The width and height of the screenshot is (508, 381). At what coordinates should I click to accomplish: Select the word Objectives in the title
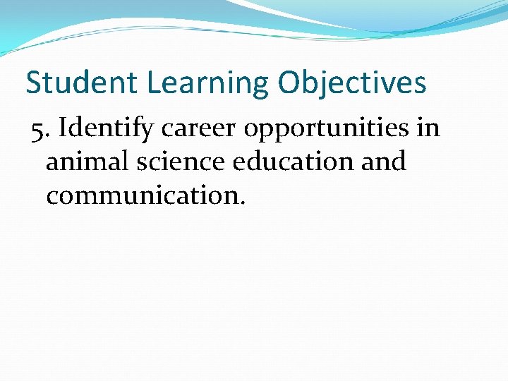(352, 83)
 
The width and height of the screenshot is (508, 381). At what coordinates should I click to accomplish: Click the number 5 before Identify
(37, 129)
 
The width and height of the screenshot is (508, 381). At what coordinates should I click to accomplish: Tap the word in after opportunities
(429, 128)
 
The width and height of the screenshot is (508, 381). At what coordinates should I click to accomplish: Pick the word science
(179, 162)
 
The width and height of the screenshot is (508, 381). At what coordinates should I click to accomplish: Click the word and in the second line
(384, 162)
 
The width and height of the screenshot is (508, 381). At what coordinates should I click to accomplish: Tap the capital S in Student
(33, 83)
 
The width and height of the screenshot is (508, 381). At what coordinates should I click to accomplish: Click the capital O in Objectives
(289, 83)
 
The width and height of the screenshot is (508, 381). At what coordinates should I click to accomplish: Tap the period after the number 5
(46, 136)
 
